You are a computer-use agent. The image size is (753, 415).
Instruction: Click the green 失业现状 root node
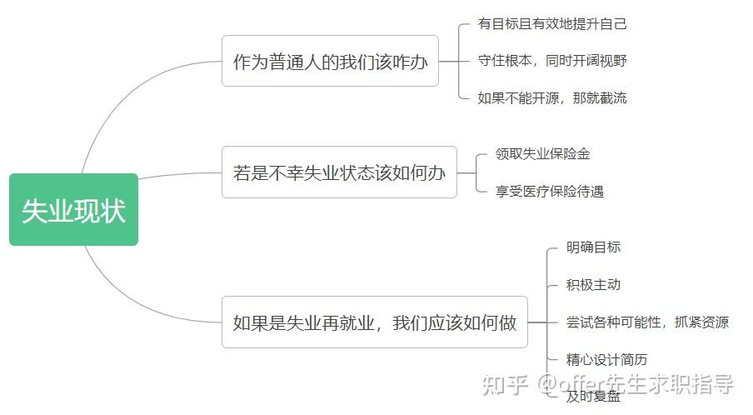tap(73, 210)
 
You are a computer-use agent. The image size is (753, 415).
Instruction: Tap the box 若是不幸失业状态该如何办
tap(339, 172)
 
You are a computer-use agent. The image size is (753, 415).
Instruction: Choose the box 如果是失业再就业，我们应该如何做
tap(374, 322)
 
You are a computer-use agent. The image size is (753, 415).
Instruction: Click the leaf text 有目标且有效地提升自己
tap(552, 23)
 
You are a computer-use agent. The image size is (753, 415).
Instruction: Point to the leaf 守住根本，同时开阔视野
tap(552, 61)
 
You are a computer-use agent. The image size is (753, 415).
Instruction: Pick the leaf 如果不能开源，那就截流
tap(552, 97)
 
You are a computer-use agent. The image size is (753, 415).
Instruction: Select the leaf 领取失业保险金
tap(542, 154)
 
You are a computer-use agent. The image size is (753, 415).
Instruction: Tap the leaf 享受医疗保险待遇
tap(549, 192)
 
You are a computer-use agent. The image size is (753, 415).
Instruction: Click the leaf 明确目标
tap(593, 247)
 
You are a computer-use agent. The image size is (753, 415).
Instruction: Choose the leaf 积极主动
tap(593, 285)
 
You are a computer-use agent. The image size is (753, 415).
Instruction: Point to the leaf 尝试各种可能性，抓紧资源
tap(647, 322)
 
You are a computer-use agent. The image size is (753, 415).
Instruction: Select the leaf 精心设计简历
tap(606, 360)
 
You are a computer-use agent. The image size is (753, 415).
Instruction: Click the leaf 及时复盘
tap(593, 397)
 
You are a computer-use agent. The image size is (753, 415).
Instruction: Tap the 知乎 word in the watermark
tap(506, 384)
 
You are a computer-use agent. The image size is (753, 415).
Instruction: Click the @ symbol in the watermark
tap(547, 385)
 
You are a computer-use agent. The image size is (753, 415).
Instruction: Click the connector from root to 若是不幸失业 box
tap(179, 175)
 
